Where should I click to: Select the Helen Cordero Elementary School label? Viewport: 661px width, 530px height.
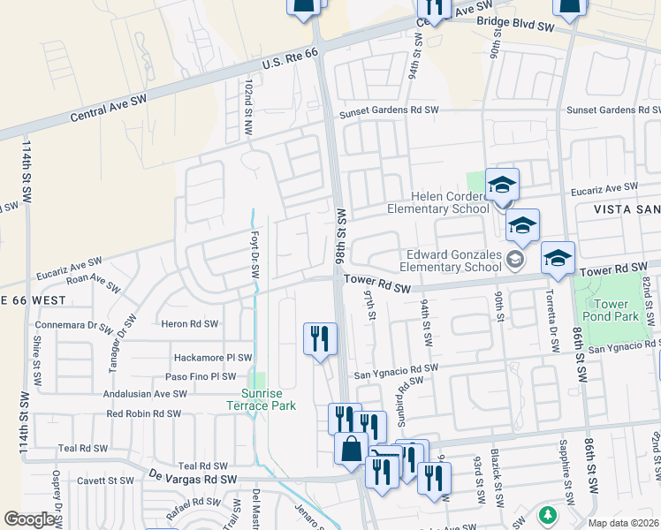click(438, 202)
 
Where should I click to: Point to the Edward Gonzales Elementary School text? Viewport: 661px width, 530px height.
click(451, 261)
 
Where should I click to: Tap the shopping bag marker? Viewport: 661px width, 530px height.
click(351, 449)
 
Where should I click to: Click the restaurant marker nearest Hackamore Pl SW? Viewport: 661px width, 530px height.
click(319, 339)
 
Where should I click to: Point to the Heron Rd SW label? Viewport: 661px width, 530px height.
click(189, 324)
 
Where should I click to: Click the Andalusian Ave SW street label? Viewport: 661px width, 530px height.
click(146, 394)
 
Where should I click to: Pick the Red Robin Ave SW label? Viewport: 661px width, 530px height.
click(146, 413)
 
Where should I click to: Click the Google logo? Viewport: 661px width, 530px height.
click(30, 519)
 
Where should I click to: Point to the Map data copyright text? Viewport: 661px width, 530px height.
click(624, 523)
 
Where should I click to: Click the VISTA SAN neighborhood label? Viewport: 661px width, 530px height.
click(619, 208)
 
